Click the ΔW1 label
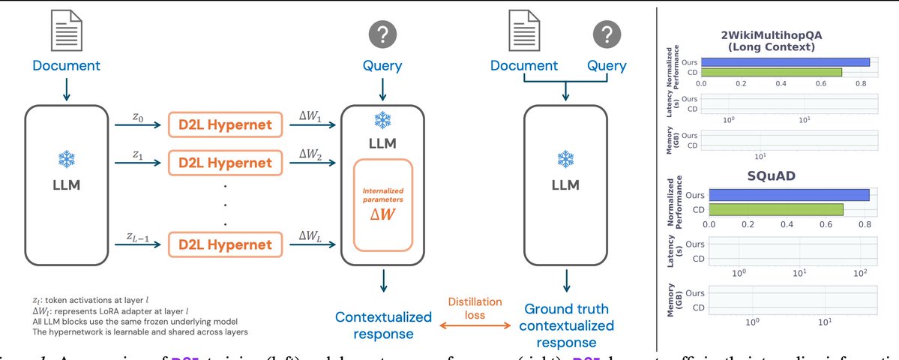click(309, 116)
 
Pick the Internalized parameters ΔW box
click(383, 205)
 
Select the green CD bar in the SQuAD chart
click(775, 208)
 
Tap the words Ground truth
click(566, 309)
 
